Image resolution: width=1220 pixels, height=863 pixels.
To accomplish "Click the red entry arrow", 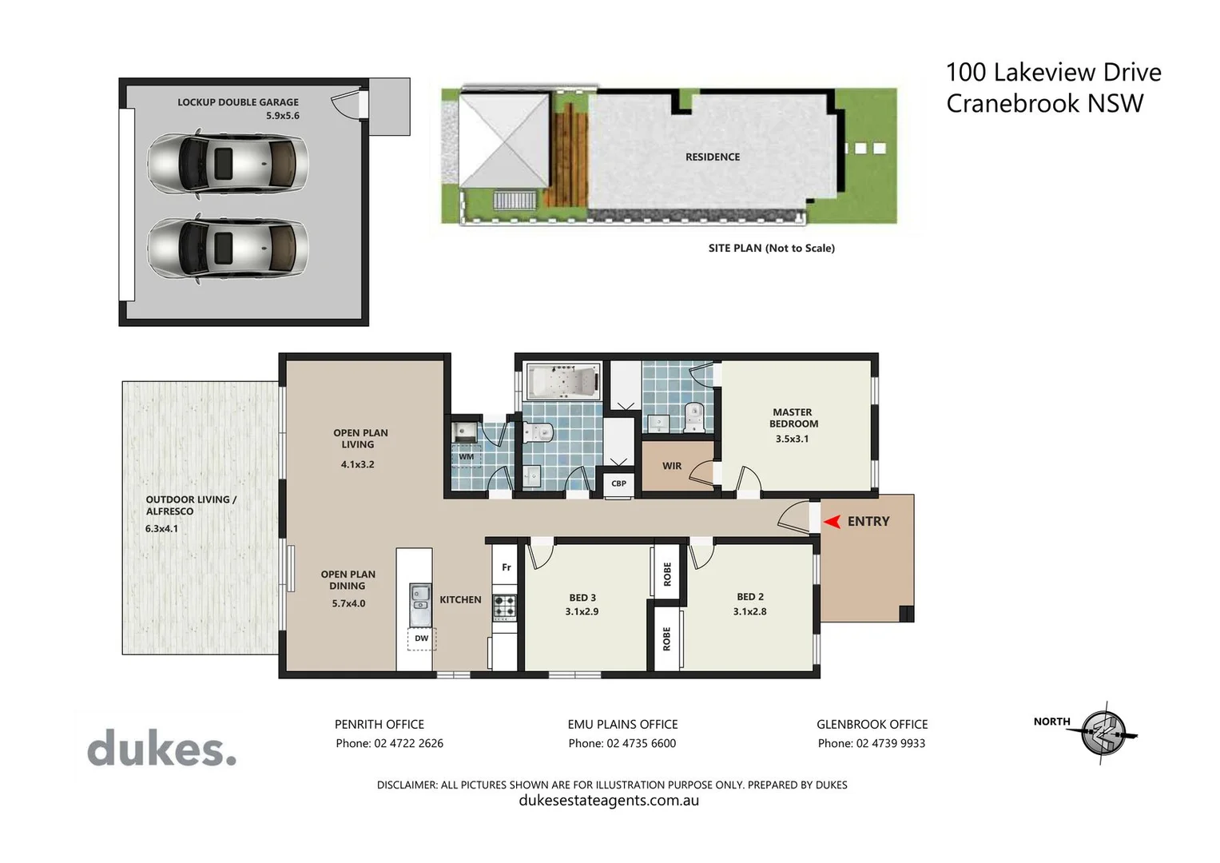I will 832,522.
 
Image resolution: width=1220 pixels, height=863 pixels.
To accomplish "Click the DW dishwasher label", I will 421,638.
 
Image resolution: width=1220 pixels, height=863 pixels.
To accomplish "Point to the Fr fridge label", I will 506,567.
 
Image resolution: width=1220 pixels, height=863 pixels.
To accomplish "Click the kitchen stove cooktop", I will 504,606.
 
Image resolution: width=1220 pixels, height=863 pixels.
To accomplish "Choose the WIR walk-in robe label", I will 672,466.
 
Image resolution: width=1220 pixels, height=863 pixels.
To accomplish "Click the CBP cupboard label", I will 618,483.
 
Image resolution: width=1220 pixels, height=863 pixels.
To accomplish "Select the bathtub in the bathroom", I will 563,382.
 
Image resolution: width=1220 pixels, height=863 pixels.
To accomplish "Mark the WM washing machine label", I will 467,457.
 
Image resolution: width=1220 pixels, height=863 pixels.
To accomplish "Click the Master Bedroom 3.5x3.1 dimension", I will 792,439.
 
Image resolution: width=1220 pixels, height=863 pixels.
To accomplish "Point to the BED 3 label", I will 582,598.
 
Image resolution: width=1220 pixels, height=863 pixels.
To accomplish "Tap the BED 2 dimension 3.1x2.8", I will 749,612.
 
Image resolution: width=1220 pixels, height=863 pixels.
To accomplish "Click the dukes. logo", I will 161,750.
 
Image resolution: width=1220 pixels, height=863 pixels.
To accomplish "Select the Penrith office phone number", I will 389,743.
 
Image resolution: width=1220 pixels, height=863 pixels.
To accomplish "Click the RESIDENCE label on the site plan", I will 713,157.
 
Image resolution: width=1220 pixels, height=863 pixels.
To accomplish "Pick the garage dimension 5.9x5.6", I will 283,116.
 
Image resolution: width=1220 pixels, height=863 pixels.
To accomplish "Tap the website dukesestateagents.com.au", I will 609,801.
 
